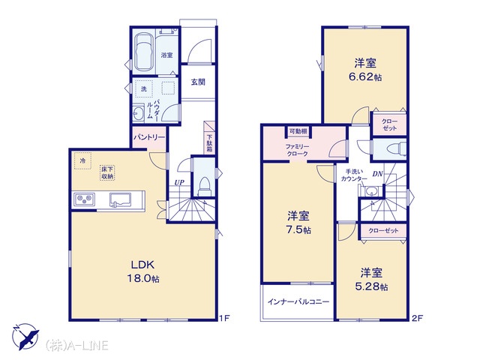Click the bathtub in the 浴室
tap(143, 52)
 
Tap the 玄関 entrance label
tap(198, 82)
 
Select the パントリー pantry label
tap(149, 137)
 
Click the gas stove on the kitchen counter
tap(83, 199)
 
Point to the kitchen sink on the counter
tap(120, 200)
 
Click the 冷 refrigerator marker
tap(82, 160)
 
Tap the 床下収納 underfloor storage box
tap(106, 172)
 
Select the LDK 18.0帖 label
tap(142, 271)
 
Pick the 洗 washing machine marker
tap(143, 88)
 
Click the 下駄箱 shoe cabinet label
tap(210, 143)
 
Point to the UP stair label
tap(179, 183)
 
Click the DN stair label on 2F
tap(377, 174)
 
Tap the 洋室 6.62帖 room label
tap(365, 70)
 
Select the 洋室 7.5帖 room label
tap(298, 223)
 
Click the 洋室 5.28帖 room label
tap(371, 279)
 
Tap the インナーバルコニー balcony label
tap(298, 302)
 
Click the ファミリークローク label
tap(297, 150)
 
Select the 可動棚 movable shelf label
tap(298, 131)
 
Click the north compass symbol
tap(25, 337)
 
